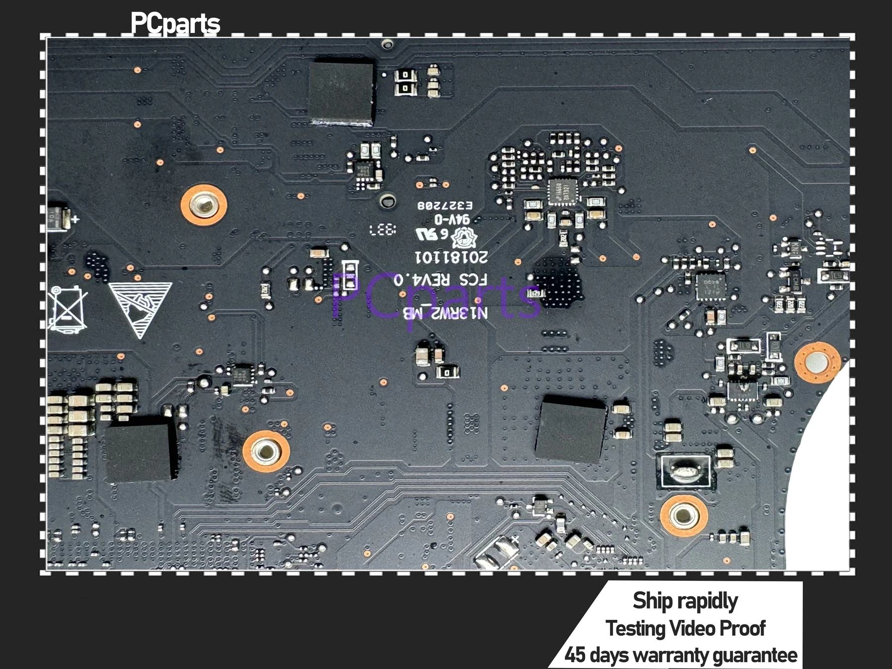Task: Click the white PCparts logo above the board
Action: point(175,24)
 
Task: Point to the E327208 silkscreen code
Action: point(445,205)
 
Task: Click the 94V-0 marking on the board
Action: point(452,219)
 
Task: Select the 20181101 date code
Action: point(451,257)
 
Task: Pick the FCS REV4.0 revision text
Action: point(440,280)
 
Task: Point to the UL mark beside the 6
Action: point(426,234)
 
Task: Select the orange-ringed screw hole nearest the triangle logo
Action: point(204,205)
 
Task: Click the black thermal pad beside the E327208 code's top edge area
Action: point(341,92)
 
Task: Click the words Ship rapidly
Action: point(685,601)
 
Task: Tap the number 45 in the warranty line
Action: point(575,655)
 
